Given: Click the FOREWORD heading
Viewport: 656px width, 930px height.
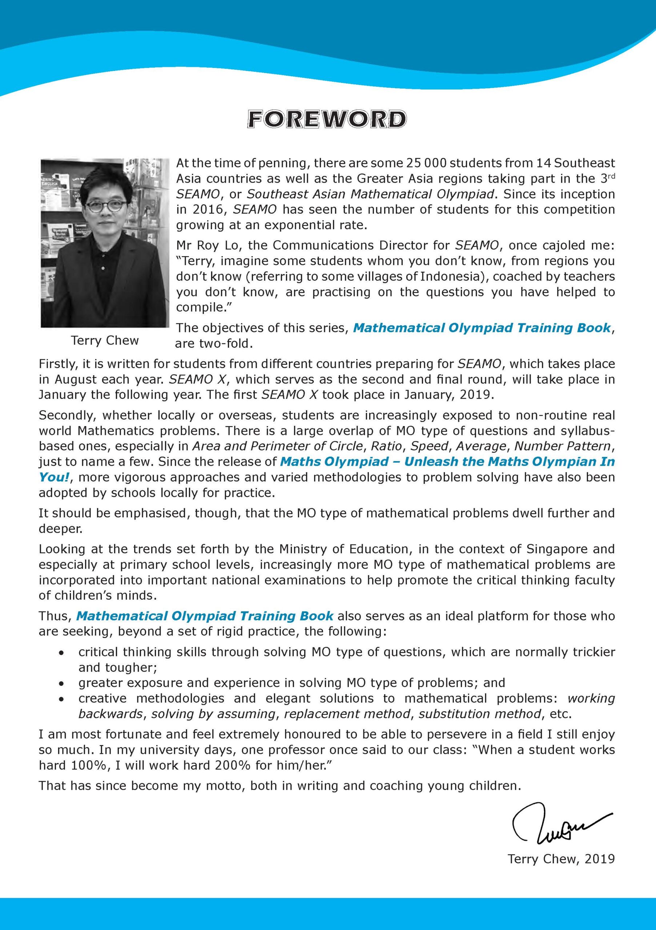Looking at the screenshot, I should point(327,120).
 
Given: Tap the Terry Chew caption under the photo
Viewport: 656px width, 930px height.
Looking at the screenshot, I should point(105,341).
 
